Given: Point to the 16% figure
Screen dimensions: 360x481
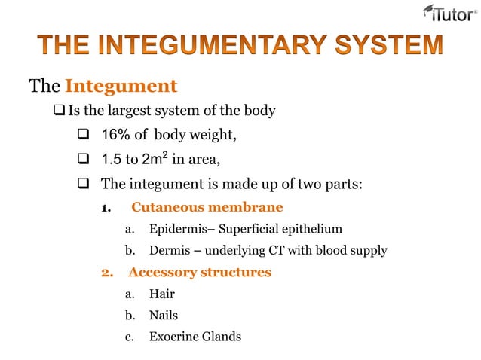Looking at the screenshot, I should pyautogui.click(x=117, y=134).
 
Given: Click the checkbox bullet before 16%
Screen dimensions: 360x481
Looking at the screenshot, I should pyautogui.click(x=84, y=135).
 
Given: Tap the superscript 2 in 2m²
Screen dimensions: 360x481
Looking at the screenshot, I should pyautogui.click(x=163, y=154).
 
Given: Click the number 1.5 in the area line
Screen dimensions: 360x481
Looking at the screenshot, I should pyautogui.click(x=112, y=159).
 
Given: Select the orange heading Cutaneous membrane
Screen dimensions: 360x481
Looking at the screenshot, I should pyautogui.click(x=207, y=206).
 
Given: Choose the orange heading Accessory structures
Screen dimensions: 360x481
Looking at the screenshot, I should pyautogui.click(x=199, y=272).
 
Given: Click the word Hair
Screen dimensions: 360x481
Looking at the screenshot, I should pyautogui.click(x=161, y=294).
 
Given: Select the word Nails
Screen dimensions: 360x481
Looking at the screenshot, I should pyautogui.click(x=164, y=316).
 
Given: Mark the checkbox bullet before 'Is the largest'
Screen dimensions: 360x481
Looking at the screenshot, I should pyautogui.click(x=60, y=111).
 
